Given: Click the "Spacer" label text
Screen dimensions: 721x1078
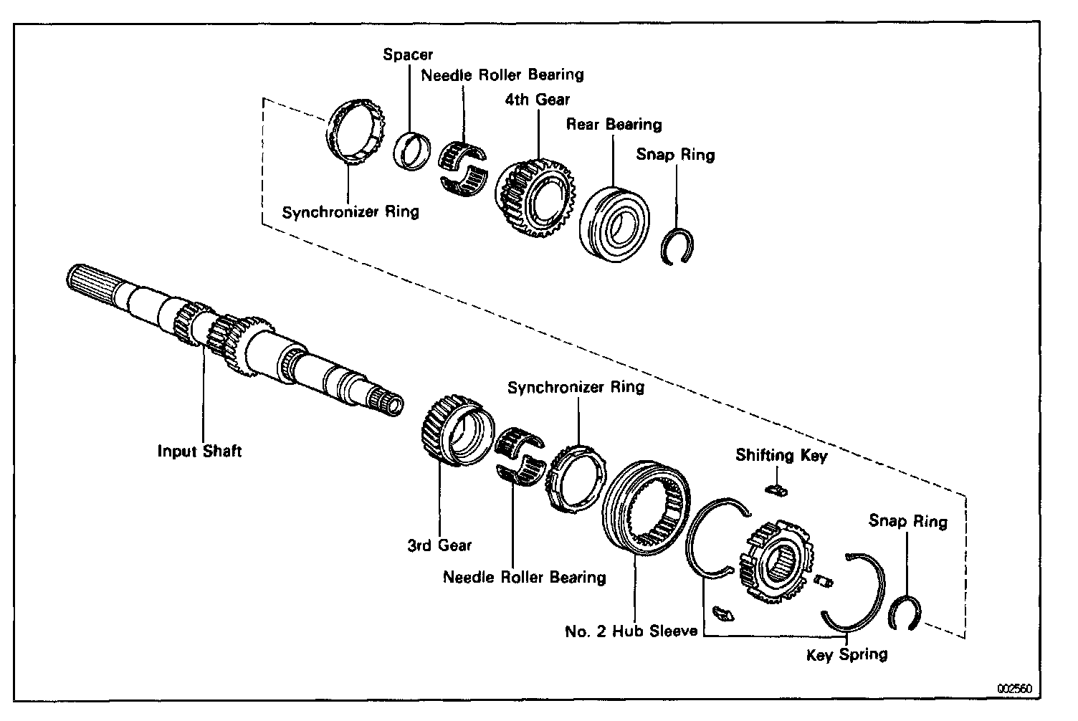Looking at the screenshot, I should pyautogui.click(x=408, y=54).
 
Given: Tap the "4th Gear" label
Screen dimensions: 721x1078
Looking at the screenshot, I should pyautogui.click(x=537, y=100).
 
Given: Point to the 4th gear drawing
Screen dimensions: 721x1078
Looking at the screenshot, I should pyautogui.click(x=537, y=197).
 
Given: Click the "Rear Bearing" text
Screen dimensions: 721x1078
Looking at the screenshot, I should pyautogui.click(x=614, y=124).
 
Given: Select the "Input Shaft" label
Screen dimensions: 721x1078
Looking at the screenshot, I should pyautogui.click(x=199, y=451).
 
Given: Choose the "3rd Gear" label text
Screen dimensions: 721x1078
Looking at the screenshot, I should pyautogui.click(x=439, y=545).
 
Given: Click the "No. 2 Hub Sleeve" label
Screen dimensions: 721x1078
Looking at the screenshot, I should pyautogui.click(x=631, y=631).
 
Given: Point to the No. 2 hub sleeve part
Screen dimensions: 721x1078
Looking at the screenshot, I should pyautogui.click(x=646, y=508).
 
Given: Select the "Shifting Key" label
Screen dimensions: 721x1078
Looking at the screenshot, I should pyautogui.click(x=781, y=455).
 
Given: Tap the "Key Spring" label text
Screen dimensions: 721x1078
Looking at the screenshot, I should pyautogui.click(x=846, y=654).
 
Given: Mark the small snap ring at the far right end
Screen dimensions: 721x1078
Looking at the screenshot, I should pyautogui.click(x=905, y=614).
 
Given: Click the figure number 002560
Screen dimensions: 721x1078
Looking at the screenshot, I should pyautogui.click(x=1014, y=689).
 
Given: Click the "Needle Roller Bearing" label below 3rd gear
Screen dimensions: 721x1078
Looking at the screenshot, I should pyautogui.click(x=524, y=577).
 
